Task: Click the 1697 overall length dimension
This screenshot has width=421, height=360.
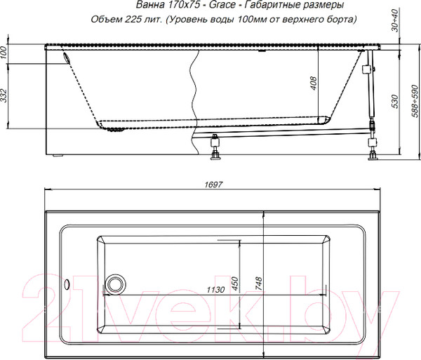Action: pyautogui.click(x=213, y=185)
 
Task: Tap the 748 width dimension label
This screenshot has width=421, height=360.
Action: pyautogui.click(x=258, y=284)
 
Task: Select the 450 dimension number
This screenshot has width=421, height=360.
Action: pyautogui.click(x=234, y=284)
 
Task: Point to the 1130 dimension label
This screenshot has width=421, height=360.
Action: pyautogui.click(x=215, y=290)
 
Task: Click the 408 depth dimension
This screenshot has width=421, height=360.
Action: pyautogui.click(x=313, y=84)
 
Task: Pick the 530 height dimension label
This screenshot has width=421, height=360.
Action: pyautogui.click(x=394, y=101)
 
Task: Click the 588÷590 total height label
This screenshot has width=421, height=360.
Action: pyautogui.click(x=415, y=101)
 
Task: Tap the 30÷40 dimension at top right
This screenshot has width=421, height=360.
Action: pyautogui.click(x=394, y=20)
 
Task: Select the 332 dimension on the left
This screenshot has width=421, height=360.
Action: pyautogui.click(x=4, y=95)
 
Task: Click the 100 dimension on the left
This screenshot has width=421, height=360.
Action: pyautogui.click(x=4, y=53)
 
